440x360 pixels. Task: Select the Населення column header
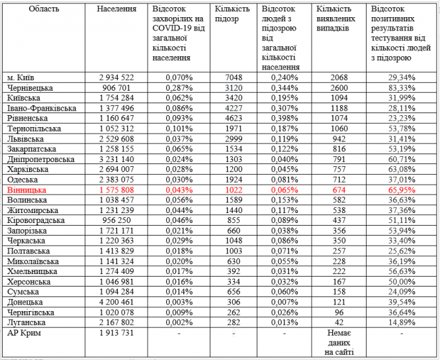click(x=116, y=9)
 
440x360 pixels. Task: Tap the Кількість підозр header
click(x=232, y=15)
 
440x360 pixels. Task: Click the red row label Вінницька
click(x=26, y=189)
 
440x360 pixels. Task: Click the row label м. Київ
click(x=22, y=77)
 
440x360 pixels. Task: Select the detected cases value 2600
click(x=338, y=87)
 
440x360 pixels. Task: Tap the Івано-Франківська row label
click(x=41, y=108)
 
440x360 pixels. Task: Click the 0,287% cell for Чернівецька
click(x=179, y=87)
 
